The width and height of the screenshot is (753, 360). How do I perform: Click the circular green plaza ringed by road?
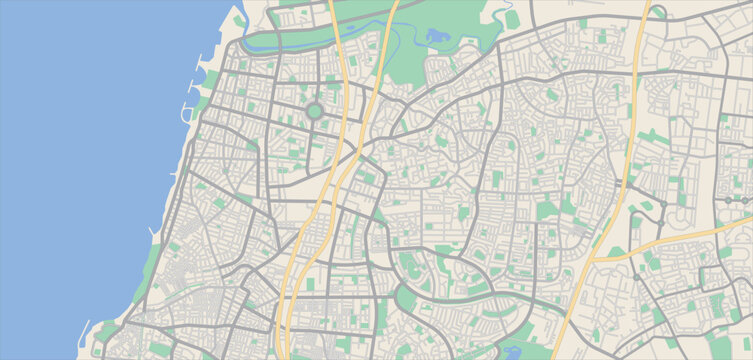coord(314,112)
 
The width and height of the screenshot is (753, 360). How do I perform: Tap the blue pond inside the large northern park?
coord(438,37)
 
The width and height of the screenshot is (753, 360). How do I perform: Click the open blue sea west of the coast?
coord(80,180)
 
